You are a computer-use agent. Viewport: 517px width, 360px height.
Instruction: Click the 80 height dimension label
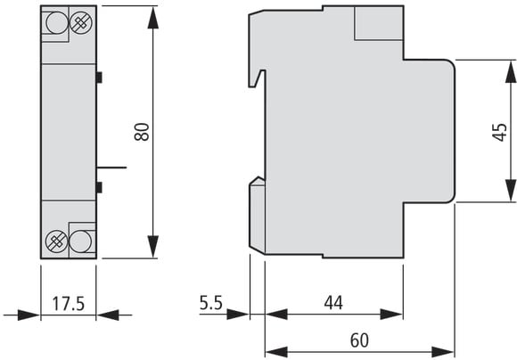142,132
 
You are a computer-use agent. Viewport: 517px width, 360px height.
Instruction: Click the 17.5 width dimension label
69,304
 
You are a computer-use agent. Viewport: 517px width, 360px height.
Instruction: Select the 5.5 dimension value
211,303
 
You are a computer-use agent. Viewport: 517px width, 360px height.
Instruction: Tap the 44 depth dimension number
333,303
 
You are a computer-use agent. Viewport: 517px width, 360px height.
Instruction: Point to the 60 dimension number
359,340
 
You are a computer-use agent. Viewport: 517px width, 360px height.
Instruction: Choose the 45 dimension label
500,132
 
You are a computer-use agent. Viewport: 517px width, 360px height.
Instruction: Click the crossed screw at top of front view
81,22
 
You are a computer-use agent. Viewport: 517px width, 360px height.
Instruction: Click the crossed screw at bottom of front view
56,241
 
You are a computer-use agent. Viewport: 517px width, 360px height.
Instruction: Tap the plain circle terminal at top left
57,22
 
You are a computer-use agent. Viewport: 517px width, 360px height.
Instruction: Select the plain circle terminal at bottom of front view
81,241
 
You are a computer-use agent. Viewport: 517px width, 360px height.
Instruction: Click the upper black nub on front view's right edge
99,78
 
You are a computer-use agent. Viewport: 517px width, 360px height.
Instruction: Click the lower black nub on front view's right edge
99,187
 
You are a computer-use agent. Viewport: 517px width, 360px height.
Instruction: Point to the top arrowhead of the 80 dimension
153,18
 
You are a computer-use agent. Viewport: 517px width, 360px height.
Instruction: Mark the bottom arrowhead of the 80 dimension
153,247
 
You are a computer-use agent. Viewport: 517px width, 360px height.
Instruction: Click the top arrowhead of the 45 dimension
511,71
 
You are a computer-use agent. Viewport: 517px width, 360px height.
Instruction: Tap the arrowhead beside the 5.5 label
238,315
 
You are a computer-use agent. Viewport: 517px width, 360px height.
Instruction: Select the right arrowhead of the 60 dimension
443,352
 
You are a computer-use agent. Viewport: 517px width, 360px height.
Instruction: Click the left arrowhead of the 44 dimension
276,315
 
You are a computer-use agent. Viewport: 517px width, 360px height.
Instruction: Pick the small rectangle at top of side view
379,23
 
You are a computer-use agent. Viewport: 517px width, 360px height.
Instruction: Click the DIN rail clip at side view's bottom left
258,216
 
